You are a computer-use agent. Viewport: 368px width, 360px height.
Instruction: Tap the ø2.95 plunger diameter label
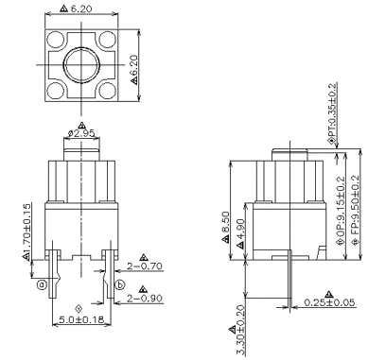[x=81, y=133]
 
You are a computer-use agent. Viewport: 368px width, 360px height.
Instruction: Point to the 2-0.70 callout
[x=145, y=266]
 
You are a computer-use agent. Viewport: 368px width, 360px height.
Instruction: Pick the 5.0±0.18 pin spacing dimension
[x=81, y=320]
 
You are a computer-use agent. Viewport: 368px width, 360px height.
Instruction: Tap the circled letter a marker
[x=42, y=284]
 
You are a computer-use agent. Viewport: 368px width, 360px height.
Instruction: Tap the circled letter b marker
[x=120, y=285]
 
